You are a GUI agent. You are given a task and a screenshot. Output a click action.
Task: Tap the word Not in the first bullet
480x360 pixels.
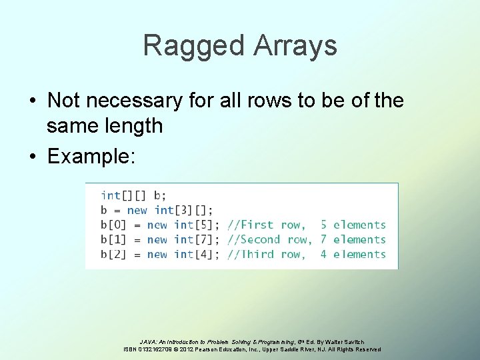pos(63,101)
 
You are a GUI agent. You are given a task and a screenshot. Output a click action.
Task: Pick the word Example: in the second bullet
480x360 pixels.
pos(92,157)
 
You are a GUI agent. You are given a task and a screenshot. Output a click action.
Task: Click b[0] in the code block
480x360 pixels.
pos(114,225)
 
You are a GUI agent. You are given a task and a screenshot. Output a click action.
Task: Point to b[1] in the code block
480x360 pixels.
pos(114,239)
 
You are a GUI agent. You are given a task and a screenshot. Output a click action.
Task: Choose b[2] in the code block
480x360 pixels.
pos(114,254)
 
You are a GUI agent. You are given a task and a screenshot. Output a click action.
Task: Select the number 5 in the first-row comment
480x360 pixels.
pos(323,225)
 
